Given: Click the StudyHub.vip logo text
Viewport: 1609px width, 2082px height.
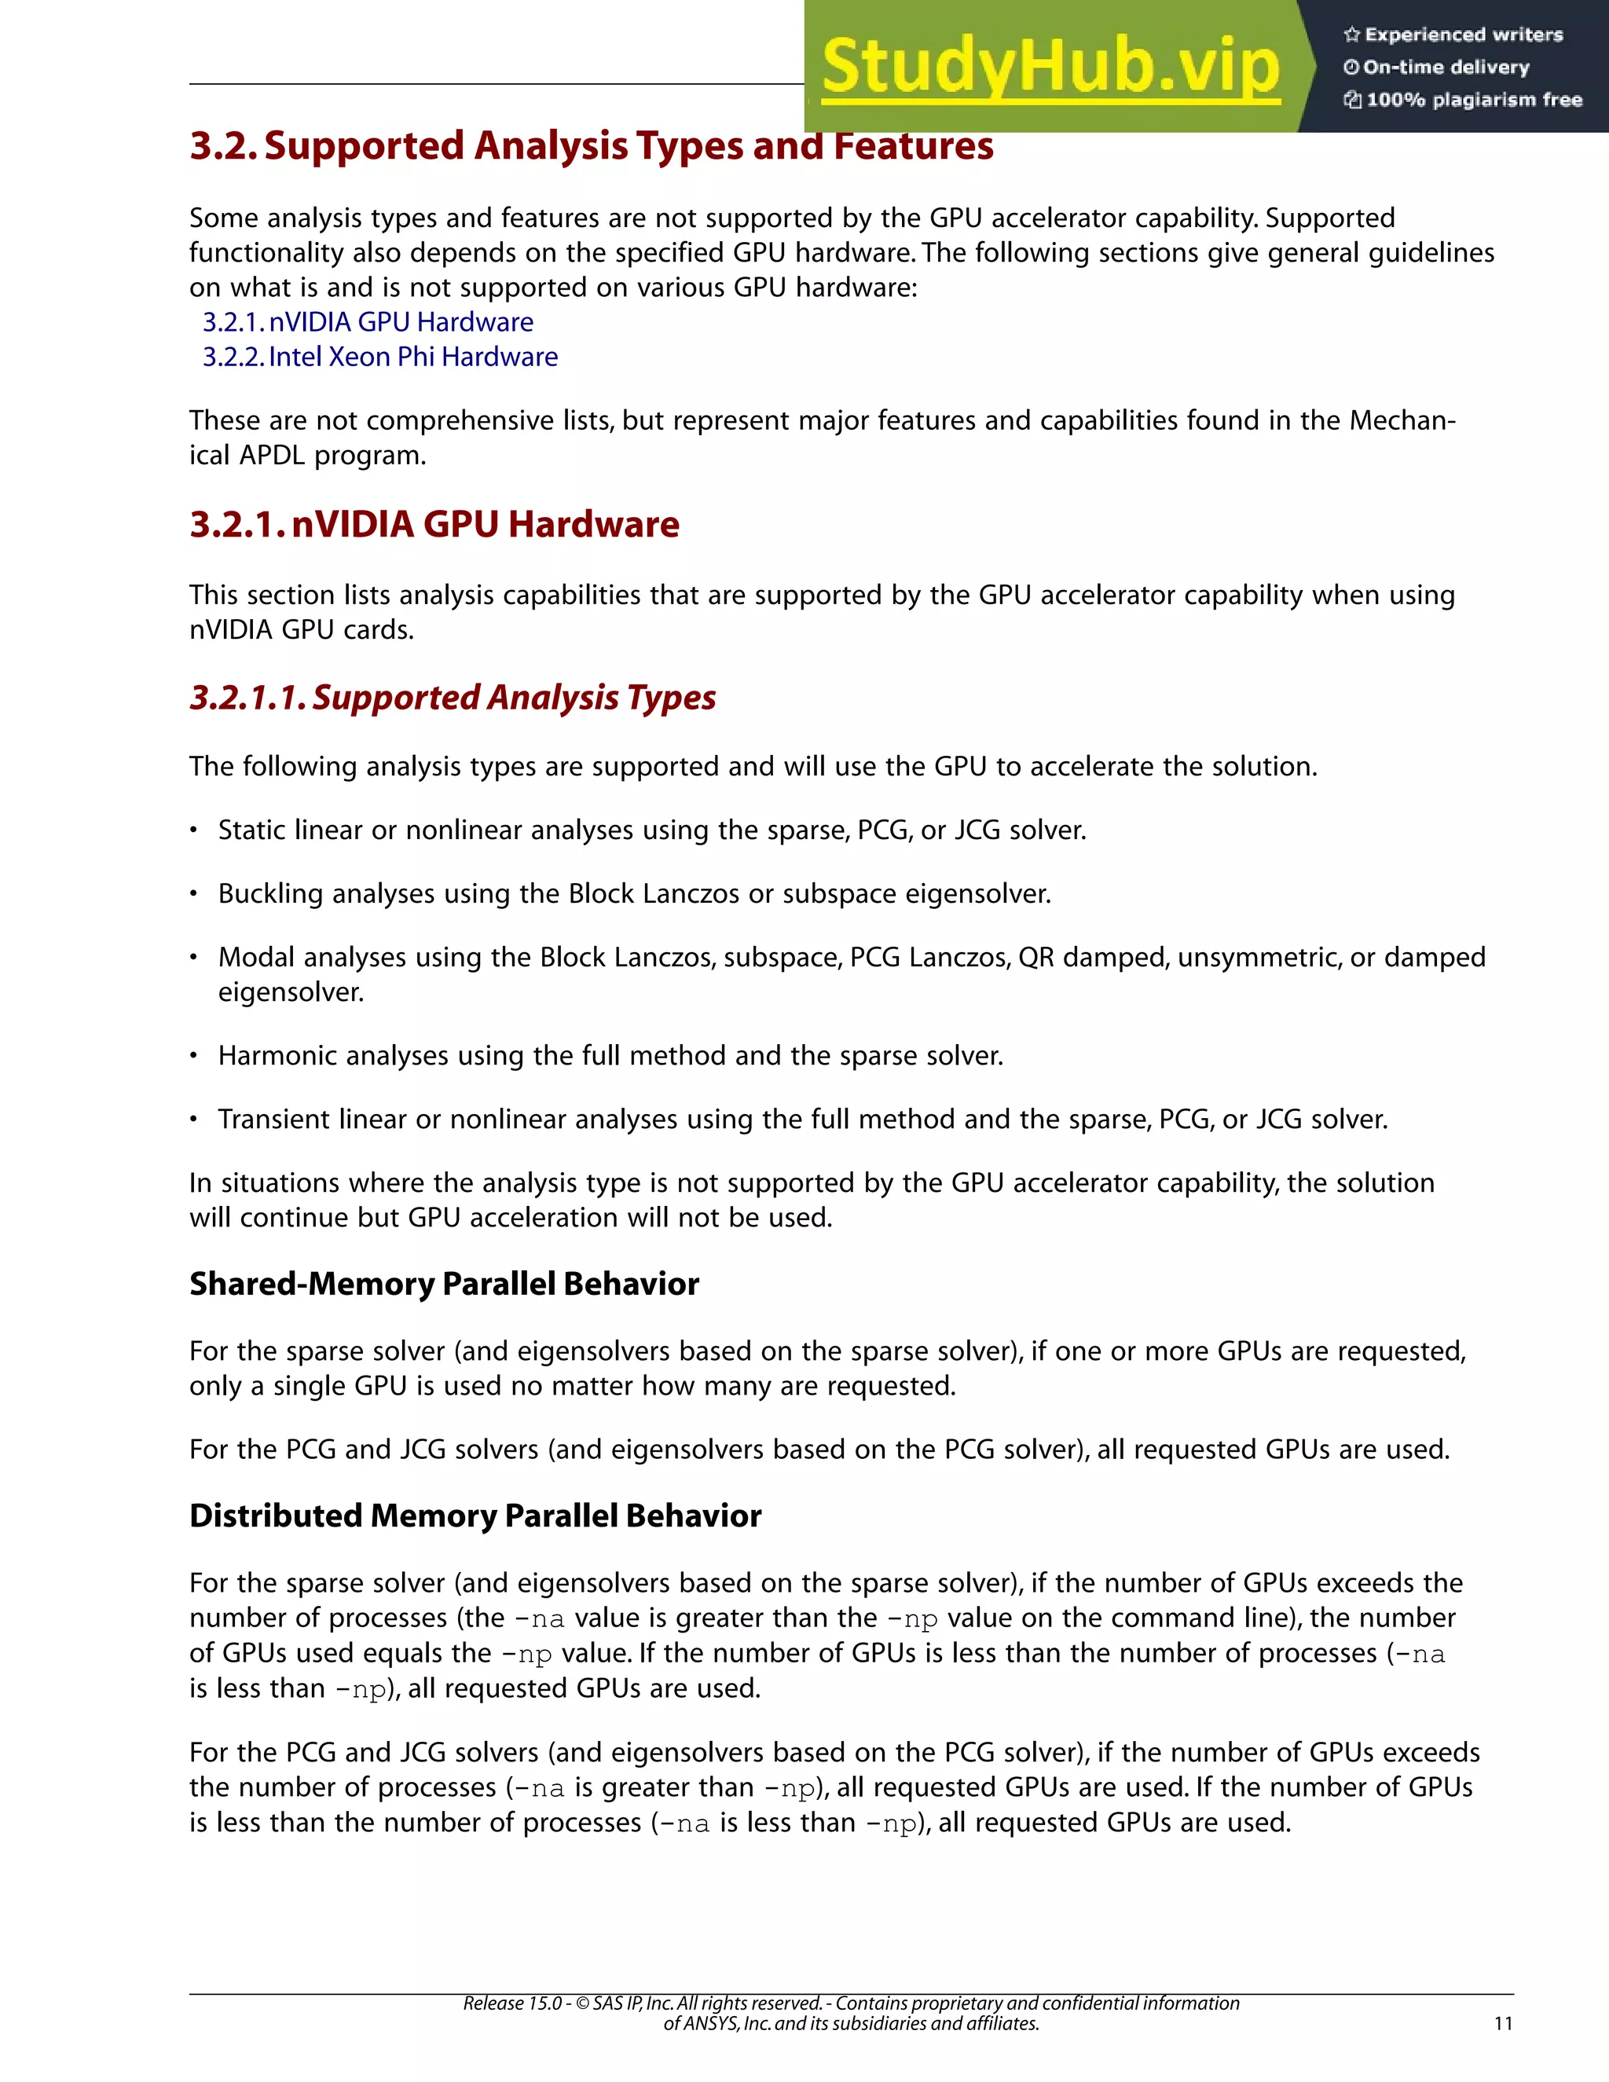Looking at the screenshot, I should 1050,67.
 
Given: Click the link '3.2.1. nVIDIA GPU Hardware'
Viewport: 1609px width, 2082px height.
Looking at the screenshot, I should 368,322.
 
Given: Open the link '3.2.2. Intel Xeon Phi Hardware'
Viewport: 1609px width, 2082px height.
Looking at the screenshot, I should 380,357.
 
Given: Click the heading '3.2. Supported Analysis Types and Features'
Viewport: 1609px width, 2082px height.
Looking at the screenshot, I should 591,146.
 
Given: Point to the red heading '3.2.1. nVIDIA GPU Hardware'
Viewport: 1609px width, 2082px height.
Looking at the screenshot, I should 434,524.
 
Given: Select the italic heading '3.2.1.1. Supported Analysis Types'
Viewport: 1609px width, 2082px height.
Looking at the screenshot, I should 453,698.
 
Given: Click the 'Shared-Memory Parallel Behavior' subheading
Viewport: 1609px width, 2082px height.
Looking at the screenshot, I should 444,1284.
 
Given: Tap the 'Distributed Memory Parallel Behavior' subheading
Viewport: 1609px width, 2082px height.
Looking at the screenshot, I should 475,1516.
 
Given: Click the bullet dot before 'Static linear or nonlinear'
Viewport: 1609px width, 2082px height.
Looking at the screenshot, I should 193,831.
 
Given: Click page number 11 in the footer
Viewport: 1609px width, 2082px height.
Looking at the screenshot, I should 1503,2023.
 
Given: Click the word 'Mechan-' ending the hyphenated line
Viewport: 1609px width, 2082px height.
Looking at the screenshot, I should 1402,420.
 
